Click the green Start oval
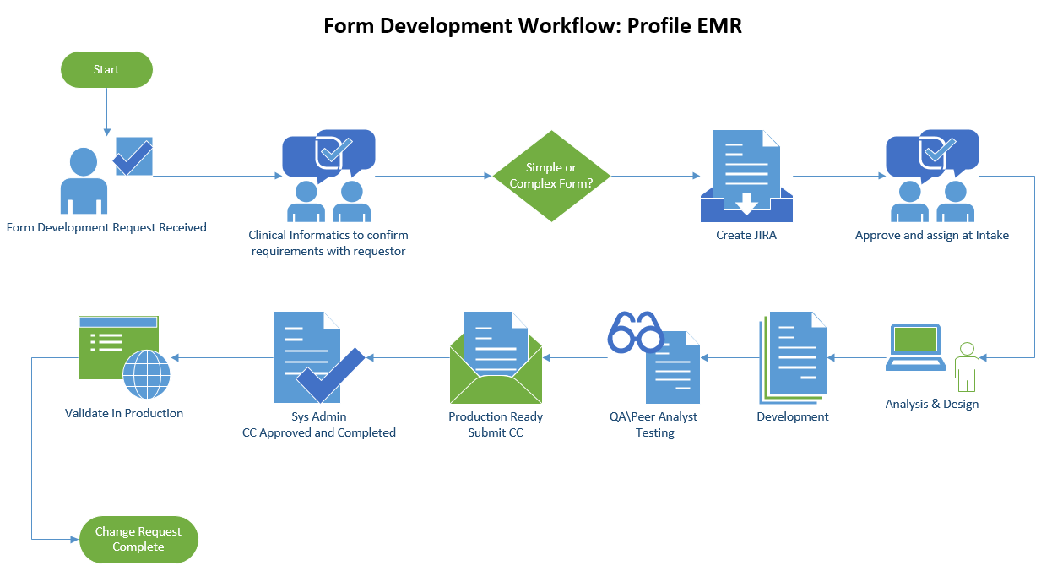(x=106, y=69)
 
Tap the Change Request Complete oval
(x=138, y=539)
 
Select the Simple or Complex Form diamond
(x=551, y=177)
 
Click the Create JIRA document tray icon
(x=746, y=177)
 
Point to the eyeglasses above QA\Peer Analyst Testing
(x=635, y=332)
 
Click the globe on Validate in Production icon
(x=147, y=374)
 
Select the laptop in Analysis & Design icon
(x=915, y=347)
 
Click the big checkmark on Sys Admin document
(x=331, y=375)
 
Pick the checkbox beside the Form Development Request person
(x=133, y=156)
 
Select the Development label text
(x=793, y=416)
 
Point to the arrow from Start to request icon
(x=106, y=112)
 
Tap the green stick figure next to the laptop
(x=967, y=367)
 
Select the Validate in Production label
(x=124, y=413)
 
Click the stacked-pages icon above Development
(x=793, y=358)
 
